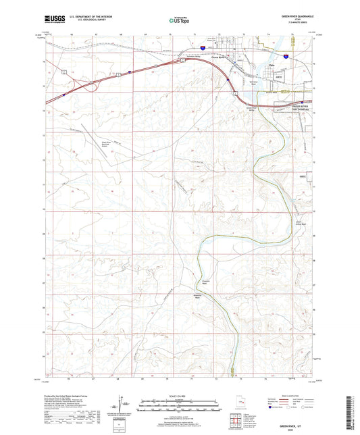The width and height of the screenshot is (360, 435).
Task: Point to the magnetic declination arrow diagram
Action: [x=125, y=405]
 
